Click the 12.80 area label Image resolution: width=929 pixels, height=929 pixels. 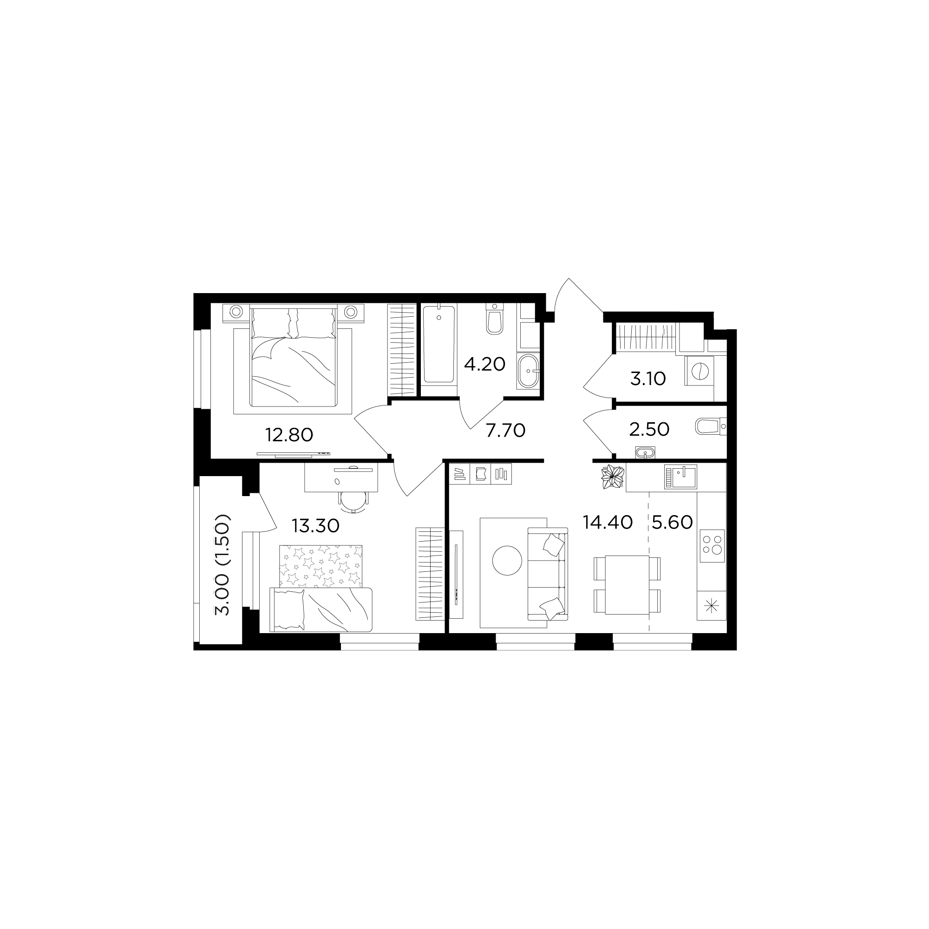(x=289, y=435)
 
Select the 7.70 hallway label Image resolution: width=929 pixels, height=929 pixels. (x=505, y=431)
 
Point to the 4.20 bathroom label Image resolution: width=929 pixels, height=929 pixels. (x=484, y=364)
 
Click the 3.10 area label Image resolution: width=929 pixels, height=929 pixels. (x=648, y=379)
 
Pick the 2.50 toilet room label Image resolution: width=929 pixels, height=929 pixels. (x=649, y=429)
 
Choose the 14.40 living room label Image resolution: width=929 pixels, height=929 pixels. (x=607, y=522)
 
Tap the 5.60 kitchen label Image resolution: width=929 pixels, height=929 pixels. (x=672, y=522)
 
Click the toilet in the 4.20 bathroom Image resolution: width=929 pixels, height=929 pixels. (x=494, y=318)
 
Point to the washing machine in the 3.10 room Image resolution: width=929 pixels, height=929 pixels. (x=699, y=371)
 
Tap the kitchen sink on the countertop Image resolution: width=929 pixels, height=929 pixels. (x=680, y=477)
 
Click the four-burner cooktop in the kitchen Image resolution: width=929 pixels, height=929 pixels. (x=712, y=546)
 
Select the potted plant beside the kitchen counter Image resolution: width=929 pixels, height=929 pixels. (x=612, y=478)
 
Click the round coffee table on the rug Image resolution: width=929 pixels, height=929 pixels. (x=507, y=560)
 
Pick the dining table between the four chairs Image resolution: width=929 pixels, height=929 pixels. (x=627, y=585)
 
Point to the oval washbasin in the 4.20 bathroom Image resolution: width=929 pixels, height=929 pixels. (x=528, y=371)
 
